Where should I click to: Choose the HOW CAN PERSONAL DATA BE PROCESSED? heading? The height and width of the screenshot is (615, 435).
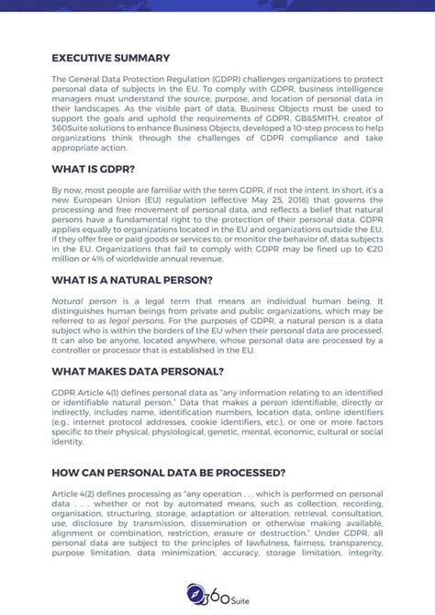(168, 473)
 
